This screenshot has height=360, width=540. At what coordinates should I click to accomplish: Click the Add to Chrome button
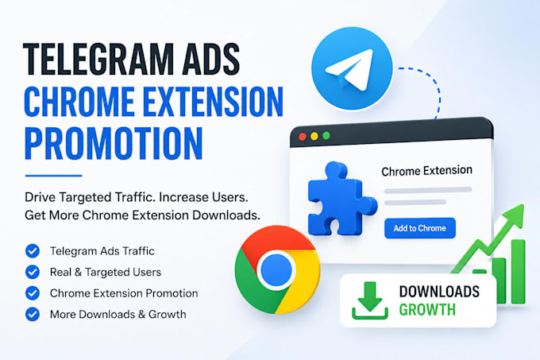420,228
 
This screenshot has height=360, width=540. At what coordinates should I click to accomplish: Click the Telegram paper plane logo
352,68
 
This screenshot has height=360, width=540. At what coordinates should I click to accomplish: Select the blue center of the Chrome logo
276,270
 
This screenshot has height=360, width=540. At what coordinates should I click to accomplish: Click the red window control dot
303,137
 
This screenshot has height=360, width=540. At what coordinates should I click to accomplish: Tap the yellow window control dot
314,137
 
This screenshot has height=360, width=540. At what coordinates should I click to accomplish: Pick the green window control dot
326,136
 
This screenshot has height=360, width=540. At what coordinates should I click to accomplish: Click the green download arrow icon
370,300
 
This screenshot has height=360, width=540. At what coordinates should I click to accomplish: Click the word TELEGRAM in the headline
98,60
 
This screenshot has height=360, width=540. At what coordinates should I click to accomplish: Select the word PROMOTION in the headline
114,144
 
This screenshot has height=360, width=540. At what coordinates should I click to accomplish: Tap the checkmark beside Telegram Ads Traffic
33,251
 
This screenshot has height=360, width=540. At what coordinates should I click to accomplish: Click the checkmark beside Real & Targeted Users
33,272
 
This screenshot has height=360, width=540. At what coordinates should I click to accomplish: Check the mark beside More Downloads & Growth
33,314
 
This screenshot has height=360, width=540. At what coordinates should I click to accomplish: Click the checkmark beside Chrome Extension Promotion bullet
33,293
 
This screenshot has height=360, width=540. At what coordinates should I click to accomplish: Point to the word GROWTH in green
427,309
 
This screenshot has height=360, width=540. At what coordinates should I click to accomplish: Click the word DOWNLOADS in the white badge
439,292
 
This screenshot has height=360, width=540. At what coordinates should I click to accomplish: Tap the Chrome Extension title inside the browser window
426,171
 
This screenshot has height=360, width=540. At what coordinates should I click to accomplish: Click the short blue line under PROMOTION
53,176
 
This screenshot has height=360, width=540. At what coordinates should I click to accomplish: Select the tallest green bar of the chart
518,272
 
